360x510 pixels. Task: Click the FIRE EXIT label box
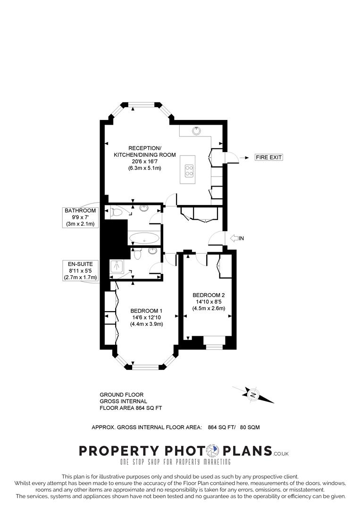pyautogui.click(x=268, y=157)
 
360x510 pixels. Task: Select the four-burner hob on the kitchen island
pyautogui.click(x=190, y=170)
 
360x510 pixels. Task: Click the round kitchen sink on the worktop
pyautogui.click(x=195, y=131)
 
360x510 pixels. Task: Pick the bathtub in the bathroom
pyautogui.click(x=145, y=238)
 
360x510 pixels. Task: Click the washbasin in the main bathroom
pyautogui.click(x=143, y=208)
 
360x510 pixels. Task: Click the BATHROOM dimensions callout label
pyautogui.click(x=81, y=217)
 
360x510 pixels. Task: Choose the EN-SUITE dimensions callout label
pyautogui.click(x=80, y=271)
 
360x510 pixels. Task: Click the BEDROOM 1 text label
pyautogui.click(x=146, y=310)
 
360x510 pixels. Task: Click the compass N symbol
pyautogui.click(x=253, y=394)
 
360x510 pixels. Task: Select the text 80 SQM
pyautogui.click(x=250, y=427)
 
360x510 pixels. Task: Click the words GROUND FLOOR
pyautogui.click(x=121, y=394)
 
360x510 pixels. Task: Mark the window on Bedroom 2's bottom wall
pyautogui.click(x=214, y=347)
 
